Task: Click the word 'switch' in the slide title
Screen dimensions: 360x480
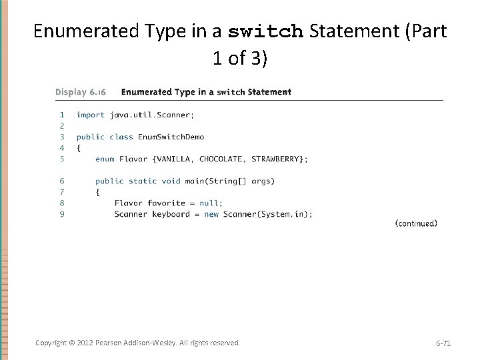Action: click(x=266, y=31)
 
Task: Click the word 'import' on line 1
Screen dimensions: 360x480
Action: click(x=90, y=115)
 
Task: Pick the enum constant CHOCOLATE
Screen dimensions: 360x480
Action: click(x=221, y=159)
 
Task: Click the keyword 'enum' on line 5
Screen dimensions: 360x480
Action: click(x=105, y=159)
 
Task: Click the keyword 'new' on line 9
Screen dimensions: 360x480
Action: click(x=211, y=214)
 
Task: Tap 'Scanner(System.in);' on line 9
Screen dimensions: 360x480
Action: click(x=267, y=214)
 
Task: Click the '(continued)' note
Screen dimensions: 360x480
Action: click(x=416, y=224)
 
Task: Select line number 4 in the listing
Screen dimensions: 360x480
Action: click(x=62, y=147)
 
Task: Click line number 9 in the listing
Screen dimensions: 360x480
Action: click(x=62, y=214)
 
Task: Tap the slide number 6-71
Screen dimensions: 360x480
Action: click(x=443, y=343)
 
